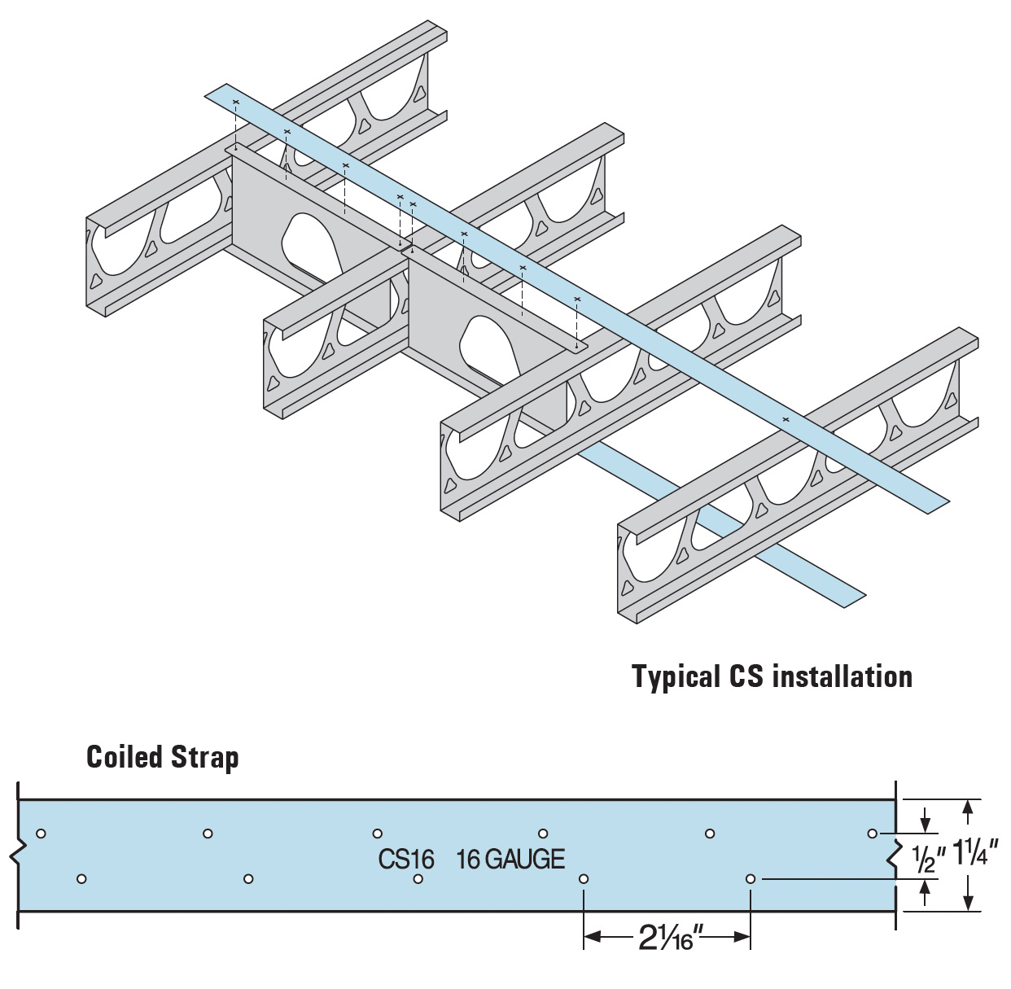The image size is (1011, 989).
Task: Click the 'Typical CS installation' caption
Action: [772, 676]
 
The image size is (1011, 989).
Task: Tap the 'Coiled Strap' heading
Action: [163, 757]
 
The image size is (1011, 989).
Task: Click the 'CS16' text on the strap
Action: [406, 859]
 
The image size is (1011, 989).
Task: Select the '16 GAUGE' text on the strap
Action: [510, 859]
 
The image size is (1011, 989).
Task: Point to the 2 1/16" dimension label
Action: [667, 939]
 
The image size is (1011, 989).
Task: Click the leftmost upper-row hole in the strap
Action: [41, 833]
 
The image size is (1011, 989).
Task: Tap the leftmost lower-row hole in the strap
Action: [81, 879]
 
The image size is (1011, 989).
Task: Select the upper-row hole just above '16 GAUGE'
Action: [543, 833]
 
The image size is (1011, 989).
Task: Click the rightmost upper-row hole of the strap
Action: [873, 833]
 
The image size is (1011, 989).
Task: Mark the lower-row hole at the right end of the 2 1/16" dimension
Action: [751, 879]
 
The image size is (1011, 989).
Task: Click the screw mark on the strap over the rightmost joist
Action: [786, 419]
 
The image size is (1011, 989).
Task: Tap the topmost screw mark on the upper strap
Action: [236, 102]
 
